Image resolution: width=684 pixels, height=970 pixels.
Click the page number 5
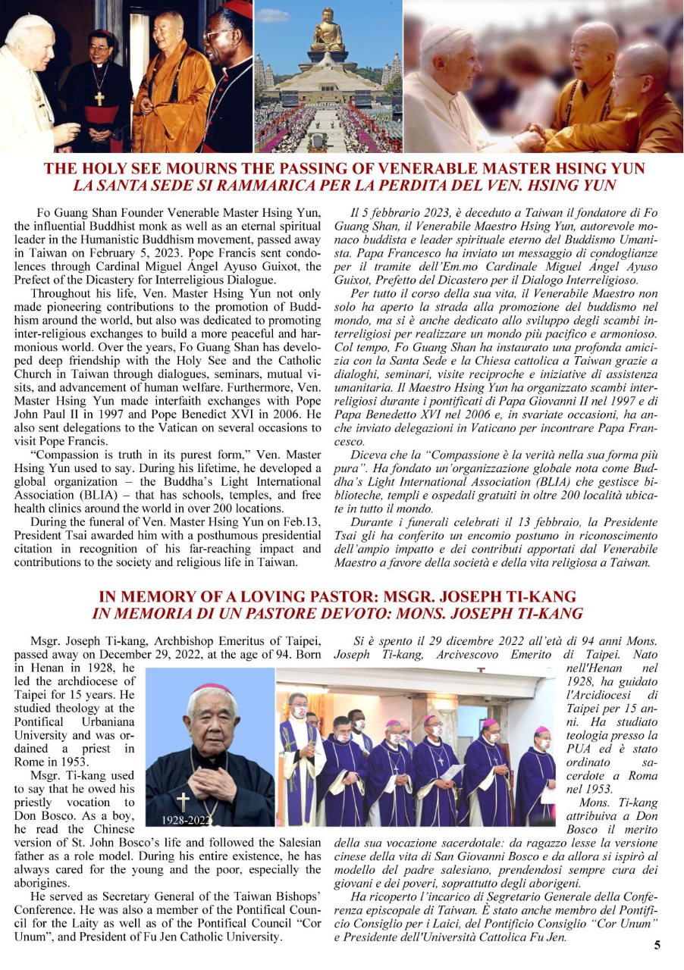(x=657, y=944)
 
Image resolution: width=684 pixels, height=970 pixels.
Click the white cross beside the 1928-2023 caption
(x=183, y=803)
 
